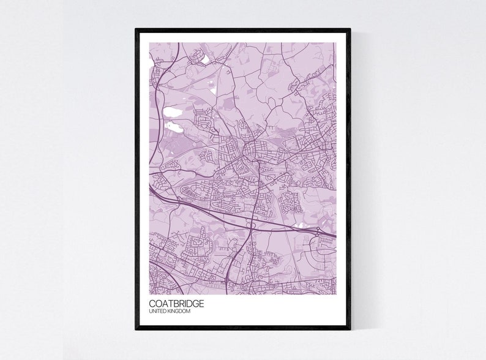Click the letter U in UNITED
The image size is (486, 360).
(x=151, y=312)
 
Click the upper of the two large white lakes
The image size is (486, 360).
(x=173, y=112)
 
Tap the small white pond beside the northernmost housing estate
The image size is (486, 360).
(x=204, y=59)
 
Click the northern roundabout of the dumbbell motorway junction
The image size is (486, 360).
(x=318, y=231)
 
